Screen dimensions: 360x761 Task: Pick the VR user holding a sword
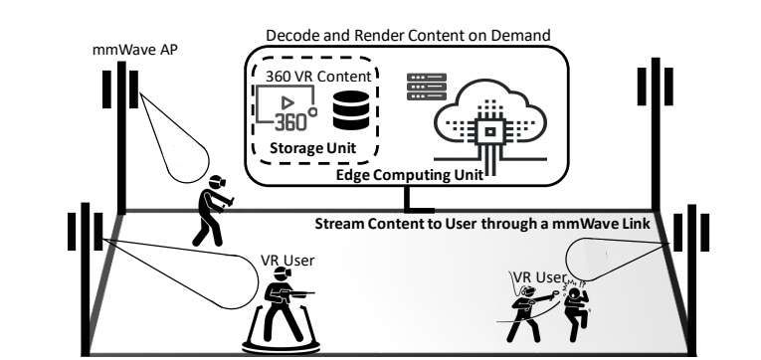(x=527, y=308)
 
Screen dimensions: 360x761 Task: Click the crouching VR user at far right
(x=574, y=308)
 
